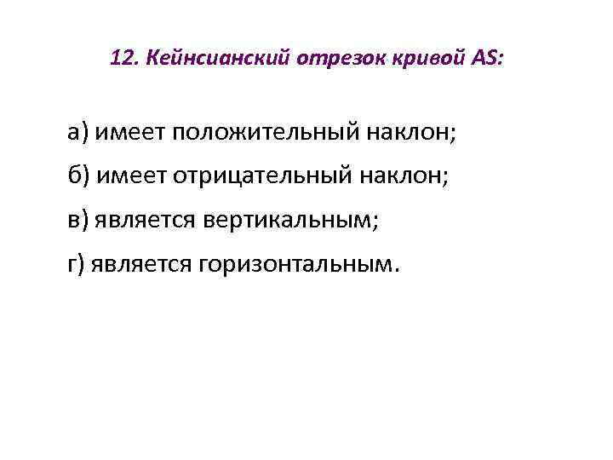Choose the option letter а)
click(x=79, y=133)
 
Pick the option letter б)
click(x=79, y=176)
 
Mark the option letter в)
click(x=79, y=221)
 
